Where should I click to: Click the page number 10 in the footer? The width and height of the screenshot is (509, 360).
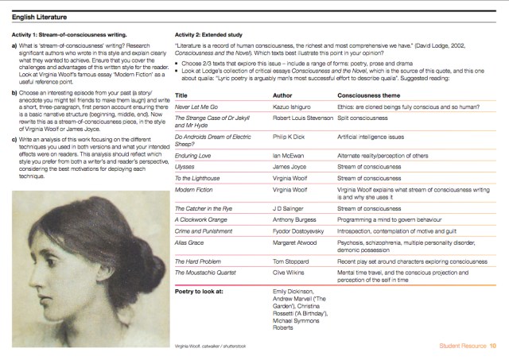pos(493,346)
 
